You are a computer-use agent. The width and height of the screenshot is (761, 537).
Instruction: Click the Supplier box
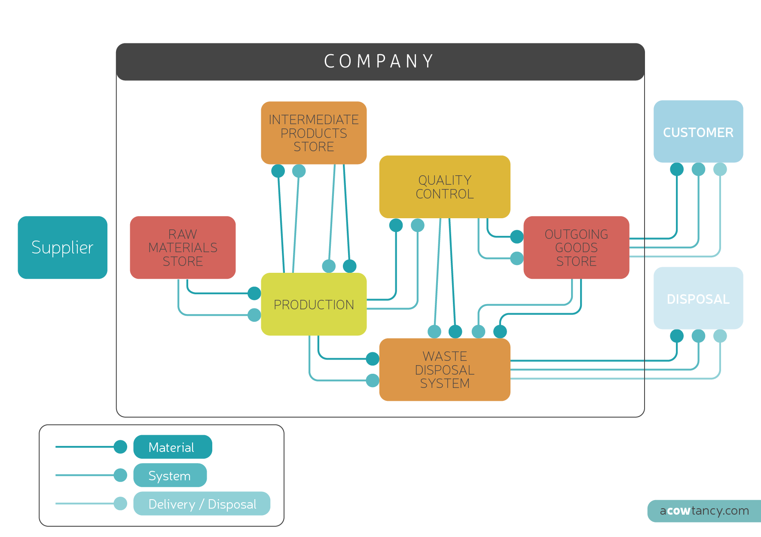[x=62, y=247]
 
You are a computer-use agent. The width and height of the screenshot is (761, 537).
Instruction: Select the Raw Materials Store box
[x=183, y=247]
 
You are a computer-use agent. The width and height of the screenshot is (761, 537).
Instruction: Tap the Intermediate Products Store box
[x=314, y=133]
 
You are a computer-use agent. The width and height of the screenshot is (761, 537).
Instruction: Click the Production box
[x=314, y=304]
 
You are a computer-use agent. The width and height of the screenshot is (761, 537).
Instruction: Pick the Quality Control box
[x=445, y=187]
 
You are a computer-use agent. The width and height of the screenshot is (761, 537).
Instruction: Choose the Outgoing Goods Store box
[x=576, y=247]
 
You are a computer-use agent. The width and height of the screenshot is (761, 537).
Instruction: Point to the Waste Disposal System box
[x=445, y=369]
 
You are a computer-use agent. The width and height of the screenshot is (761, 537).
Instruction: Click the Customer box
[x=698, y=132]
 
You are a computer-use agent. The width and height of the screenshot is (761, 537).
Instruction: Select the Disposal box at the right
[x=698, y=299]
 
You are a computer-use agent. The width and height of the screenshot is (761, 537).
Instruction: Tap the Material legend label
[x=172, y=447]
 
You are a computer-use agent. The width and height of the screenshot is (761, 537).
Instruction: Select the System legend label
[x=170, y=476]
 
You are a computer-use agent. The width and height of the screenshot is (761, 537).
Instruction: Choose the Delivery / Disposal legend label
[x=202, y=504]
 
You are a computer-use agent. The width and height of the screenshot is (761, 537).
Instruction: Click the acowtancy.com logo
[x=704, y=511]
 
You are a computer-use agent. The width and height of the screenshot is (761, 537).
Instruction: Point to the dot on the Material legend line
[x=121, y=447]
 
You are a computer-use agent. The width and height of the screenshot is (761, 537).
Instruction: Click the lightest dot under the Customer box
[x=720, y=169]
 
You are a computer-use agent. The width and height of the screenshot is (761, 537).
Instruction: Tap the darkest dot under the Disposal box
[x=677, y=336]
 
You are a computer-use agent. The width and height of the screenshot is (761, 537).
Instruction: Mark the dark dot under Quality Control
[x=396, y=225]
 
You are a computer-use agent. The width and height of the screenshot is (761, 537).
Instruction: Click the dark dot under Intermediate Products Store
[x=278, y=171]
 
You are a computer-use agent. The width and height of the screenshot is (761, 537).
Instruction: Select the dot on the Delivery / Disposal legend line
[x=121, y=503]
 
